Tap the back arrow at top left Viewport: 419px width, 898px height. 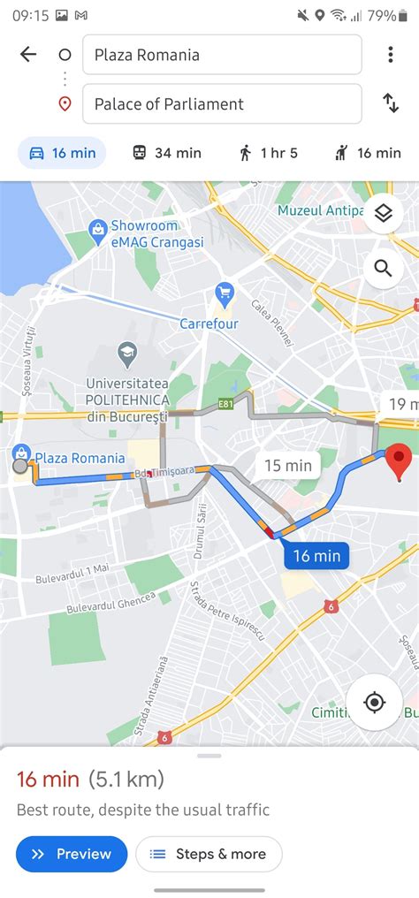[x=28, y=55]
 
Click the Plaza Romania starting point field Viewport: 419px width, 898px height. [x=221, y=55]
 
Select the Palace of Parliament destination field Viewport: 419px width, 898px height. [x=221, y=103]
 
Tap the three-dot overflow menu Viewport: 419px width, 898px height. [x=390, y=55]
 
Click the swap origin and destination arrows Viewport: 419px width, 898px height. [x=391, y=103]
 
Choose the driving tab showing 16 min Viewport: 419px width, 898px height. [x=62, y=153]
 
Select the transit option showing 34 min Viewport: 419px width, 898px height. [x=166, y=153]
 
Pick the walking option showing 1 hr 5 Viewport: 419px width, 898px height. [x=268, y=153]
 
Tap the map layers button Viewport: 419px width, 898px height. [x=383, y=214]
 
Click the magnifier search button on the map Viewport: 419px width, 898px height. [x=383, y=268]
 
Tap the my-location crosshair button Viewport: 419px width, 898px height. [x=374, y=703]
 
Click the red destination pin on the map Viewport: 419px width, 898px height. [x=400, y=462]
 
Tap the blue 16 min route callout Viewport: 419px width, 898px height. [x=316, y=556]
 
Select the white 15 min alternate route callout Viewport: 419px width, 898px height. [x=288, y=466]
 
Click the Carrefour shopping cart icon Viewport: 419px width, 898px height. [x=225, y=294]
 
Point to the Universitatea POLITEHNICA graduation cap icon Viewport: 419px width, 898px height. [x=127, y=355]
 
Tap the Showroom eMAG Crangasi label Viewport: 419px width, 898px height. [x=156, y=234]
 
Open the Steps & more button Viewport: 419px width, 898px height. [x=209, y=854]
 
